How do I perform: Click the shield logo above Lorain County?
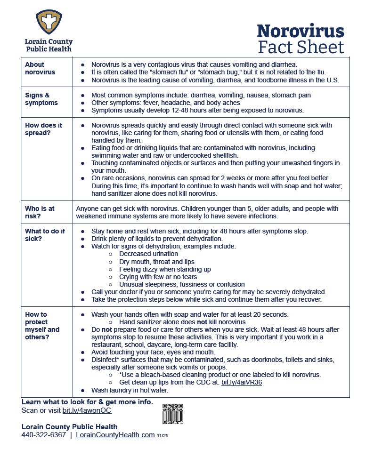[49, 22]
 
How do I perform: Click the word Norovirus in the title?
[300, 31]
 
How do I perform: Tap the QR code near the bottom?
[172, 413]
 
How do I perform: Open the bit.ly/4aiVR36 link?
[242, 383]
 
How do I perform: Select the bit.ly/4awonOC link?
[87, 410]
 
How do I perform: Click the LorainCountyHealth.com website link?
[115, 435]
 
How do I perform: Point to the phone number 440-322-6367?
[44, 435]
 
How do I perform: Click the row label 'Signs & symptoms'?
[41, 99]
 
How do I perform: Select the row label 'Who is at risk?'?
[40, 212]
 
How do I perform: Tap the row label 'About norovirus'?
[40, 68]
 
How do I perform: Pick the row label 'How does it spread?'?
[43, 129]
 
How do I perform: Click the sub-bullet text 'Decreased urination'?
[148, 254]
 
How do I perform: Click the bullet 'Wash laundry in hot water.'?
[130, 390]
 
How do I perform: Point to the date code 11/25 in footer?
[163, 436]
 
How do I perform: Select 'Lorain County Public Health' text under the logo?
[49, 45]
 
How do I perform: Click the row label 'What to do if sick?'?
[45, 235]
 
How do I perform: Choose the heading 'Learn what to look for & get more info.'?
[87, 402]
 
